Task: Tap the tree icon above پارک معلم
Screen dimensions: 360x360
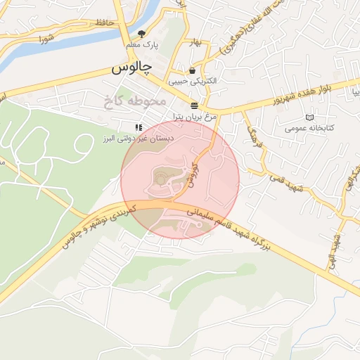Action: [142, 33]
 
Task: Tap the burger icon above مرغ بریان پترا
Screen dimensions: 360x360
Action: [193, 103]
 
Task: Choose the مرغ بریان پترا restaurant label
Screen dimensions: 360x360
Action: [194, 115]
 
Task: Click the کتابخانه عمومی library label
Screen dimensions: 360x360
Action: [309, 129]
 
